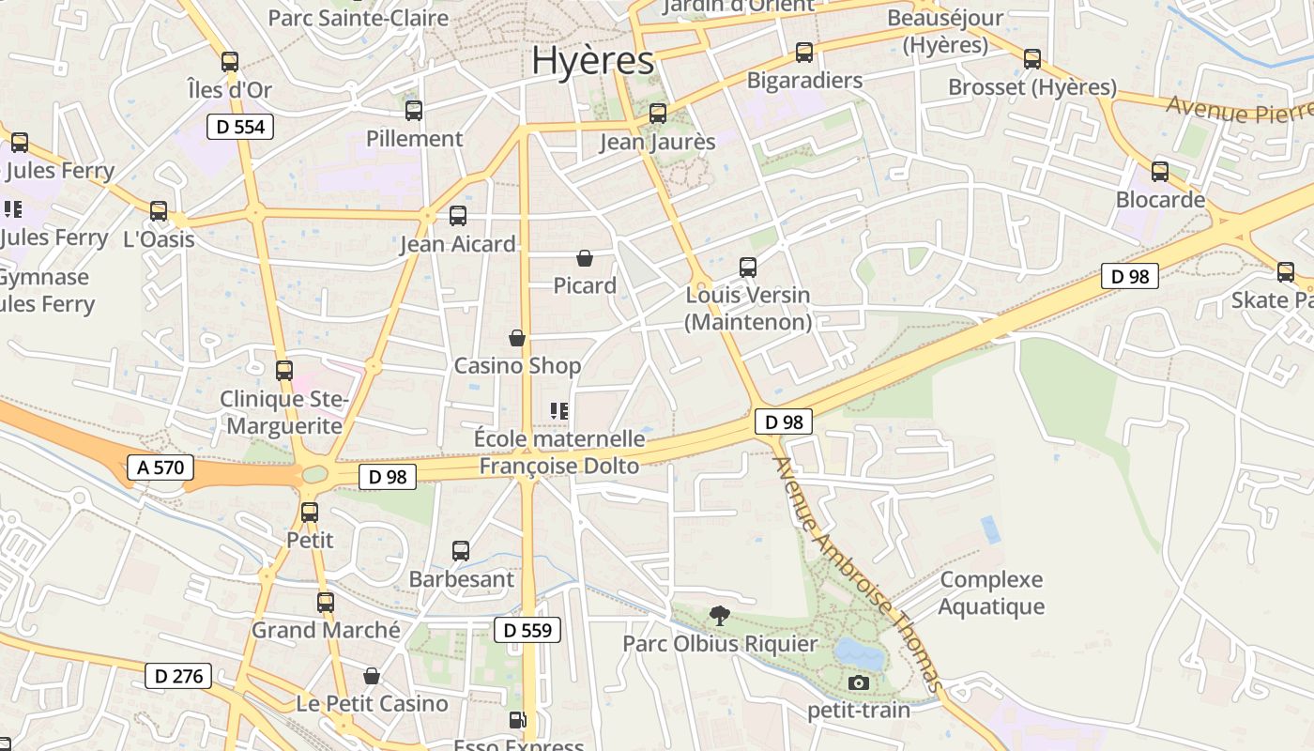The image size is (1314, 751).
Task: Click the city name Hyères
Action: tap(592, 61)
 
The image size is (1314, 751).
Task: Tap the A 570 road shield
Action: tap(160, 467)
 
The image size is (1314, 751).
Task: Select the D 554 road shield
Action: tap(240, 127)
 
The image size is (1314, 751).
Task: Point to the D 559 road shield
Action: tap(527, 630)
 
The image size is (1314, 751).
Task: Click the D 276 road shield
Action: tap(178, 675)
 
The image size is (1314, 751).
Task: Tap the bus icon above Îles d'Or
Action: tap(230, 62)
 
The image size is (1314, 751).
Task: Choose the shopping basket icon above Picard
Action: tap(585, 257)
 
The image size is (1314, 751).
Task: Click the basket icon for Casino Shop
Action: tap(516, 338)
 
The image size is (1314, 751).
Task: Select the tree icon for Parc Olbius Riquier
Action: tap(720, 616)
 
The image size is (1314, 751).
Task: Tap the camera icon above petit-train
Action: tap(858, 682)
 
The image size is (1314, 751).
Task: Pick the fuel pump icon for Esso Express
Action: tap(517, 721)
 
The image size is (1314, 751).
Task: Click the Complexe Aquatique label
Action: tap(991, 593)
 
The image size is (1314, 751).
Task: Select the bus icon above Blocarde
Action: tap(1160, 172)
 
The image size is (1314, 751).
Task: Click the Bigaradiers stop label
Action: tap(804, 81)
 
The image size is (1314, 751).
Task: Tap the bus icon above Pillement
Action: tap(414, 111)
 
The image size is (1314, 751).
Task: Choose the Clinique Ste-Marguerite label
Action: tap(283, 412)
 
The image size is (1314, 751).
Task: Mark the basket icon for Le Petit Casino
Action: tap(372, 676)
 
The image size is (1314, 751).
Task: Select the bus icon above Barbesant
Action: tap(461, 551)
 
